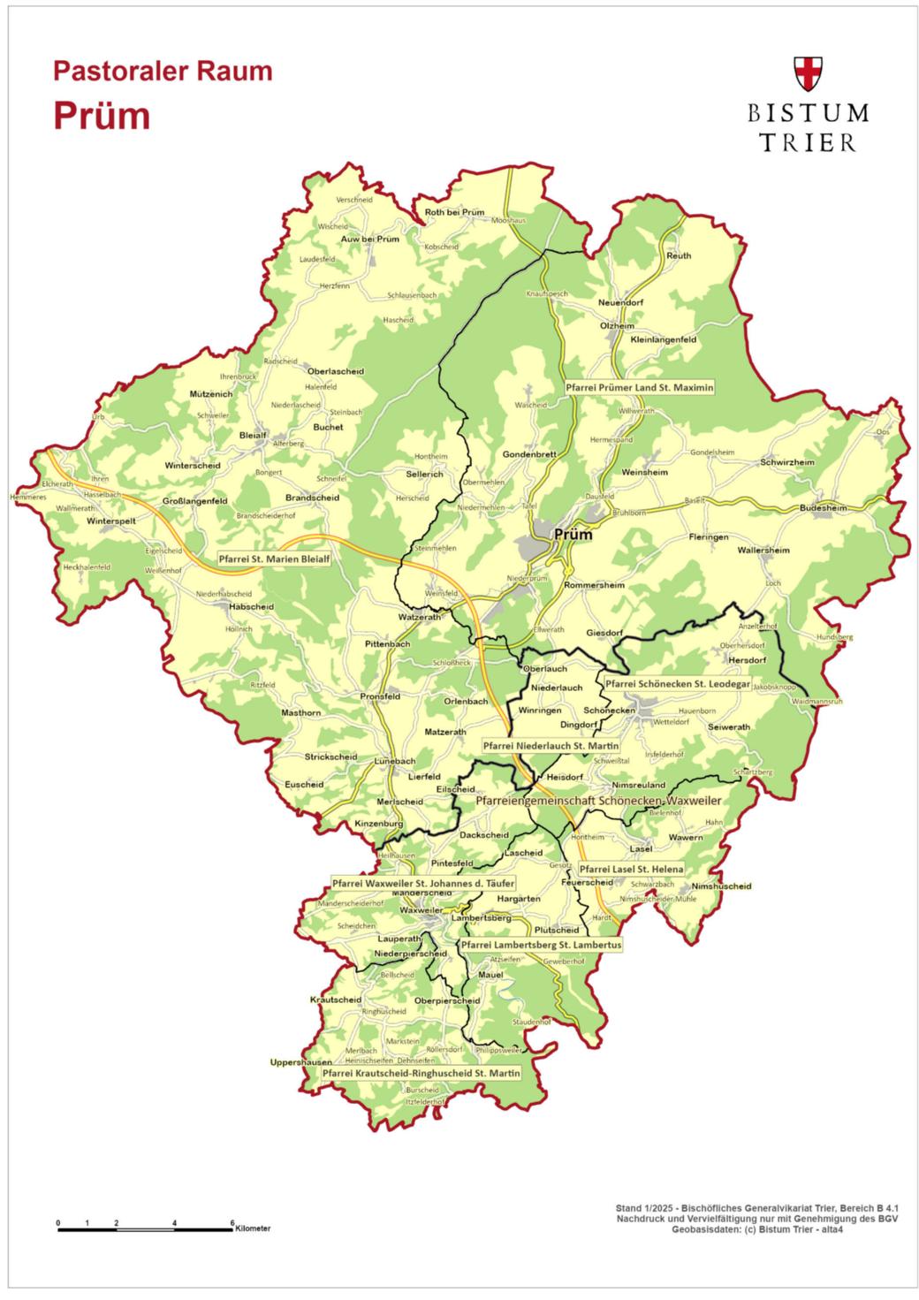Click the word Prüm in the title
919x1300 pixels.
click(x=100, y=116)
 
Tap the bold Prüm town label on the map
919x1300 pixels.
click(x=573, y=534)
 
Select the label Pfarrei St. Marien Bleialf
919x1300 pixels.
click(x=274, y=559)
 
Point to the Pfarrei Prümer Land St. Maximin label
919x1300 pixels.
click(x=640, y=387)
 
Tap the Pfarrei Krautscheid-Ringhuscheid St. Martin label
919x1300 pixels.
click(x=420, y=1073)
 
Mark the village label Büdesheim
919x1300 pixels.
click(x=823, y=508)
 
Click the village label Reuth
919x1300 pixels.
click(x=679, y=255)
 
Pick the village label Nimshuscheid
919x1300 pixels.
click(x=722, y=886)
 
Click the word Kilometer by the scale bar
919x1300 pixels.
click(x=253, y=1229)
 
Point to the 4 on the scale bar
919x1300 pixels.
click(x=175, y=1223)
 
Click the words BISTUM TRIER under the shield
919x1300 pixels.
click(x=809, y=127)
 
